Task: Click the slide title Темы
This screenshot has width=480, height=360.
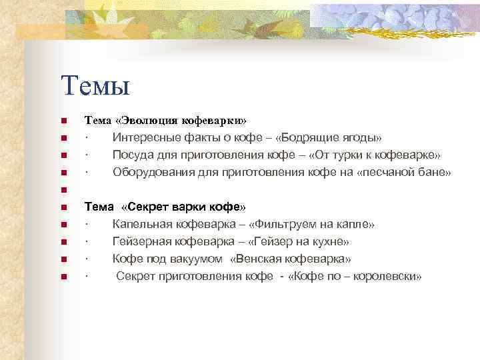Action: (x=94, y=85)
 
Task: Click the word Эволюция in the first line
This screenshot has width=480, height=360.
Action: (x=151, y=121)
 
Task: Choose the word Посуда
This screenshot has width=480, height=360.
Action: (x=131, y=155)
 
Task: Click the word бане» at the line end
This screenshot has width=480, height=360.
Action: (x=437, y=173)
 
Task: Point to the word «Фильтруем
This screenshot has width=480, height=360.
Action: (x=283, y=224)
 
